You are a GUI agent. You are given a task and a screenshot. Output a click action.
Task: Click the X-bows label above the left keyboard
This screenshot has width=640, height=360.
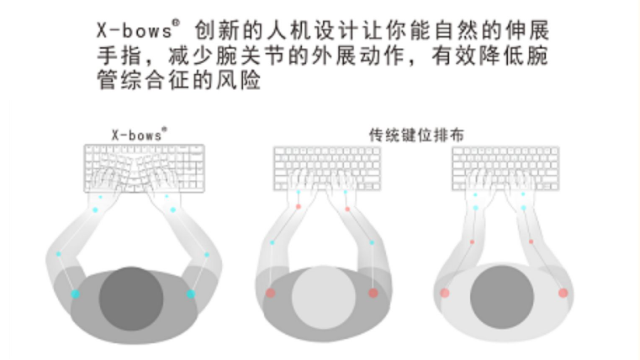(140, 135)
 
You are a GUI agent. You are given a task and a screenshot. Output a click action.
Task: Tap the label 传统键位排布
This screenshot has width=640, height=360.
(416, 135)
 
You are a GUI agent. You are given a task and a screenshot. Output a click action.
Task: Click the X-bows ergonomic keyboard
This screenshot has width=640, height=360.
(144, 167)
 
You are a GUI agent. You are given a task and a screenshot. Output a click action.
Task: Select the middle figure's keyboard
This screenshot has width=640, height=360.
(327, 168)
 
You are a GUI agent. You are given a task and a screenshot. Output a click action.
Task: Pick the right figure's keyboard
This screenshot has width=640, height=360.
(505, 168)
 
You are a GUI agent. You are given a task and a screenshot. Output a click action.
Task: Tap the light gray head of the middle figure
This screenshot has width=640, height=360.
(323, 298)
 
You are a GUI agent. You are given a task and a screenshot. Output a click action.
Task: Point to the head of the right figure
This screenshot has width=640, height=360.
(502, 297)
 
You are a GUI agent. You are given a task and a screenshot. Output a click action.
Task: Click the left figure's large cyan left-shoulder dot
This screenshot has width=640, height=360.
(75, 294)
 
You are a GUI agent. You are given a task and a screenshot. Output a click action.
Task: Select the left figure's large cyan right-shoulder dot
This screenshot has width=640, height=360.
(191, 294)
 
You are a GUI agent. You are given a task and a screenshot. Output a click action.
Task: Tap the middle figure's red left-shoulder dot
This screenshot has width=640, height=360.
(270, 293)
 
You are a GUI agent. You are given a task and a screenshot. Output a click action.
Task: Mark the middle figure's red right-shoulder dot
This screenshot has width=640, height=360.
(373, 293)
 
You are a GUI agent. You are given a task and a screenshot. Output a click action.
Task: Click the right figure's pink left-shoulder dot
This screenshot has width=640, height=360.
(445, 293)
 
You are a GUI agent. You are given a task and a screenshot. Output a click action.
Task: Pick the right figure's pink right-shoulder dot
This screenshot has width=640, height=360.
(563, 293)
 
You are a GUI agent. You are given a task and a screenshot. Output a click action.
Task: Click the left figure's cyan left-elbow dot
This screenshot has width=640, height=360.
(59, 254)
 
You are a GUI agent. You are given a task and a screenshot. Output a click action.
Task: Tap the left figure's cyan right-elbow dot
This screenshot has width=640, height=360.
(207, 254)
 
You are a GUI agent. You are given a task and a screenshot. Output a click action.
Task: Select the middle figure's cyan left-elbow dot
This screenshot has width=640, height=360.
(272, 242)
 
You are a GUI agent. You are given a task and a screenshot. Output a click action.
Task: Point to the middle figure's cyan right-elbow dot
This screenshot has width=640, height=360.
(372, 242)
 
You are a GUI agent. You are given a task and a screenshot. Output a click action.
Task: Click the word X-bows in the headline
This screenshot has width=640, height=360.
(135, 30)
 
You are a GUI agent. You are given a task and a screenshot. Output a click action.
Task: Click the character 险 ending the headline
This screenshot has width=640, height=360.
(251, 80)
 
